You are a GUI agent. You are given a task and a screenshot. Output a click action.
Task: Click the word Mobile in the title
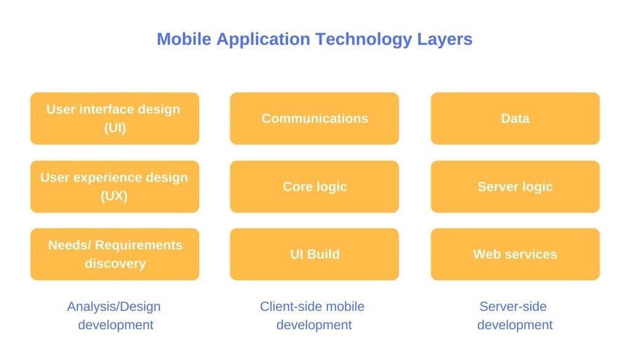pyautogui.click(x=184, y=39)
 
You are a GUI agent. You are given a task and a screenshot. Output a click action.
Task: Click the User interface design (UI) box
pyautogui.click(x=115, y=119)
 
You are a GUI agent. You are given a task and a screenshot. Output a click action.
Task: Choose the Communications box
pyautogui.click(x=314, y=119)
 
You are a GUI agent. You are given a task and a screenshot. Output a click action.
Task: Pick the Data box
pyautogui.click(x=515, y=119)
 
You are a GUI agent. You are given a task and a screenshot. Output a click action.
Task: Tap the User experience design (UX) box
pyautogui.click(x=115, y=187)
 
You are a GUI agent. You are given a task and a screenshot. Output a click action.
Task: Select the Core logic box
pyautogui.click(x=314, y=187)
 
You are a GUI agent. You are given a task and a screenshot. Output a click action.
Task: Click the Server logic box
pyautogui.click(x=515, y=187)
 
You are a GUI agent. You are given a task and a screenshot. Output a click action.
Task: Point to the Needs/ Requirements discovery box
pyautogui.click(x=115, y=254)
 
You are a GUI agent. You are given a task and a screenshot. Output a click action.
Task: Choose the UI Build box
pyautogui.click(x=314, y=254)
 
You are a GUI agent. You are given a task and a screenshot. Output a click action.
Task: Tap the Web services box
pyautogui.click(x=515, y=254)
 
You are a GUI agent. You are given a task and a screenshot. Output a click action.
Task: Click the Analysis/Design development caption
pyautogui.click(x=114, y=316)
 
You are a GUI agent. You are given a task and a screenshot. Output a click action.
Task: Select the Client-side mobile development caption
pyautogui.click(x=313, y=316)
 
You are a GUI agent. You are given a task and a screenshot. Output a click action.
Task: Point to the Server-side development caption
pyautogui.click(x=515, y=316)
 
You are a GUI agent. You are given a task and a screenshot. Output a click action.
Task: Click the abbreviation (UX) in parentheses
pyautogui.click(x=114, y=196)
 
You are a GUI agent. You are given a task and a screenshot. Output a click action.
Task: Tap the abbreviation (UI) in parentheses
pyautogui.click(x=115, y=128)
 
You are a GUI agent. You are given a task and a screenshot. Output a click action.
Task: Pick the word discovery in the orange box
pyautogui.click(x=115, y=264)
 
